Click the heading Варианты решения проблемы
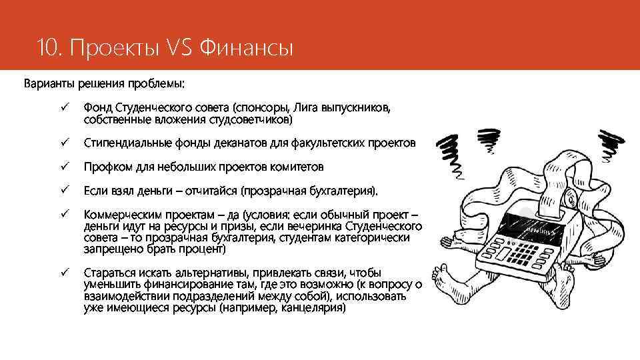pyautogui.click(x=105, y=84)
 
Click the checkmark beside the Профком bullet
pyautogui.click(x=65, y=167)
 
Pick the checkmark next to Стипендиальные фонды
pyautogui.click(x=65, y=143)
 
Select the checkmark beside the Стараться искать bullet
pyautogui.click(x=65, y=273)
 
